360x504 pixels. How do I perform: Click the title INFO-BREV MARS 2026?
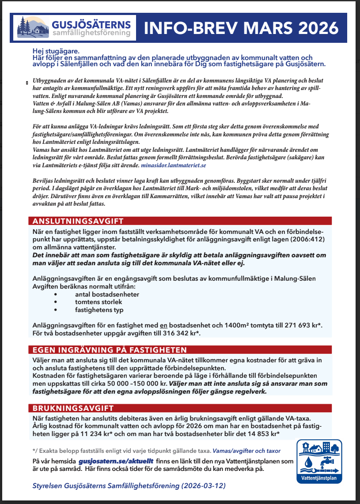click(x=241, y=28)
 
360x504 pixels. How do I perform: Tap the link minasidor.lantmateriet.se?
click(x=173, y=165)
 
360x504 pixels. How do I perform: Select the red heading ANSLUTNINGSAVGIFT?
click(x=76, y=221)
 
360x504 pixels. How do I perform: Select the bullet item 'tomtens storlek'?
click(x=99, y=302)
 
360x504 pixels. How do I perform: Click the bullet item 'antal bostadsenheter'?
click(x=107, y=294)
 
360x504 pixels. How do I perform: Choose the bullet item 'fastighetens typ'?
click(x=99, y=310)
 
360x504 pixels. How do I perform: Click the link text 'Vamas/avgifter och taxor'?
click(x=246, y=451)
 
